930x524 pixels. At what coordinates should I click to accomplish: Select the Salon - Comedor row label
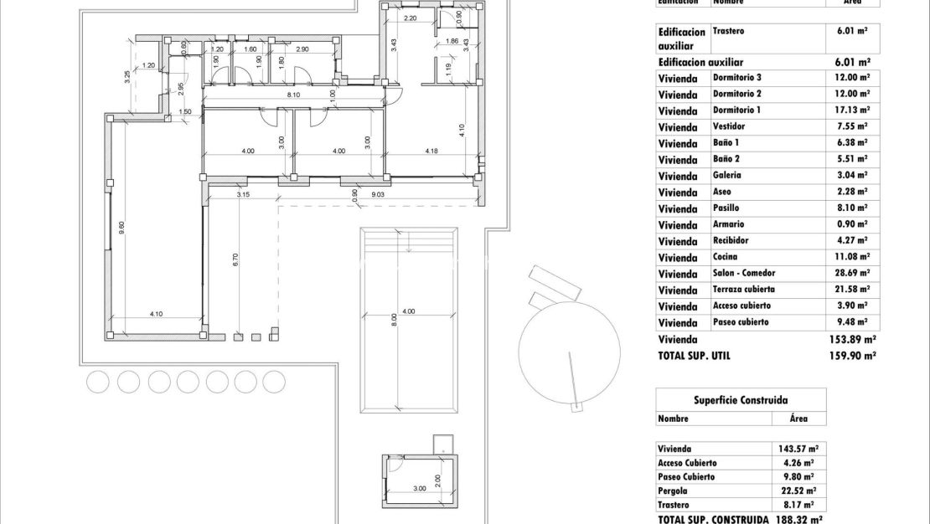click(744, 274)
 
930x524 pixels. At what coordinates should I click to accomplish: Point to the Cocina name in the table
click(725, 257)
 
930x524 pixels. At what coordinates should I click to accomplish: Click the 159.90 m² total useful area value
click(851, 356)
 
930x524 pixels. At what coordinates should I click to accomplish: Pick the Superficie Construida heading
click(741, 400)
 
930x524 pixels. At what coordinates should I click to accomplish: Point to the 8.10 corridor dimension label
click(293, 95)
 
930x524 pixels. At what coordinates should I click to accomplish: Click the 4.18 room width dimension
click(431, 152)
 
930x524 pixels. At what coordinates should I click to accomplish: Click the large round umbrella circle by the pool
click(570, 345)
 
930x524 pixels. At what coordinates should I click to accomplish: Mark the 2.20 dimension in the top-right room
click(410, 18)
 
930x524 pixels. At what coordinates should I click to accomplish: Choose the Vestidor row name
click(728, 126)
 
